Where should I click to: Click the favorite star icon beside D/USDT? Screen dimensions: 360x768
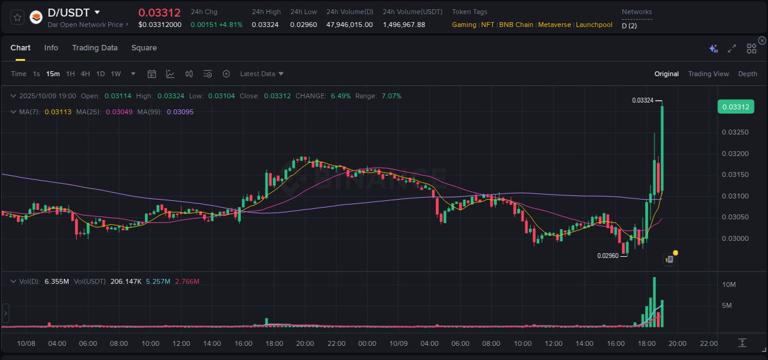18,17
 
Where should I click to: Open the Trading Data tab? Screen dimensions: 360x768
95,48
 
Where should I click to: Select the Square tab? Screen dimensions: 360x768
144,48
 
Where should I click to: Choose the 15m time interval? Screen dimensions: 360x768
53,74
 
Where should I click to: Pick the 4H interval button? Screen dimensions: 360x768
85,74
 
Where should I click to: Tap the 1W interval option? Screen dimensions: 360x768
116,74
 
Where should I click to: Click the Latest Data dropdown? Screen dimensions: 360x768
262,74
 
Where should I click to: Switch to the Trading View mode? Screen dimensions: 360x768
708,74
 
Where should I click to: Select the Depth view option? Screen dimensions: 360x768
748,74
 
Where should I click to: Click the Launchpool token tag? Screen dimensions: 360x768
594,25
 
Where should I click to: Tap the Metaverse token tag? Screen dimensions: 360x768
554,25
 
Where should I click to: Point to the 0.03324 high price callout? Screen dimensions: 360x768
643,100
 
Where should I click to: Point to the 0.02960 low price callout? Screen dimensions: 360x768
608,256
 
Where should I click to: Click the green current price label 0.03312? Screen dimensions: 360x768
735,107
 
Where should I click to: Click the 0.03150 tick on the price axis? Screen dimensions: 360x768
735,175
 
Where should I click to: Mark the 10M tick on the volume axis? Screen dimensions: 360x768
729,284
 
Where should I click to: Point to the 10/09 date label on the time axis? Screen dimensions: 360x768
399,343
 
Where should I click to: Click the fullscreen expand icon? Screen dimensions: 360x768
732,49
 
